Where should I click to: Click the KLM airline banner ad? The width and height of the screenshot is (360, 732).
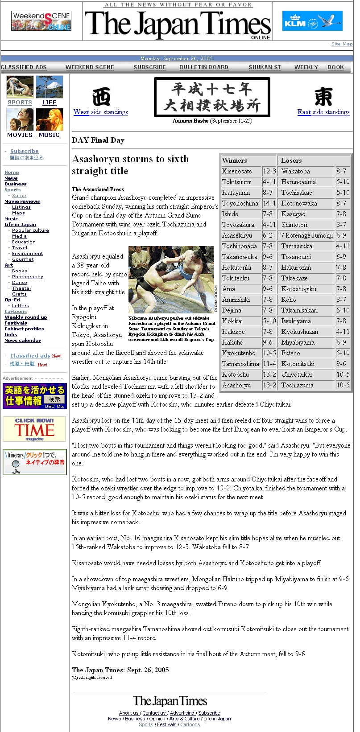[312, 21]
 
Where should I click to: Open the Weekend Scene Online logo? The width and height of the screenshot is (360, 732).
[41, 21]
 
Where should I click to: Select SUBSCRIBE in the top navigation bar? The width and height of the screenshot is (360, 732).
[149, 67]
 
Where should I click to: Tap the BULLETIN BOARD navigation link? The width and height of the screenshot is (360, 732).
[204, 67]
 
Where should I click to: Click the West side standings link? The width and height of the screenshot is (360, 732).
[100, 112]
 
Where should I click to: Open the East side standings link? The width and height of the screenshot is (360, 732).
[323, 112]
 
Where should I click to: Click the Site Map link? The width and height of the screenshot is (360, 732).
[342, 44]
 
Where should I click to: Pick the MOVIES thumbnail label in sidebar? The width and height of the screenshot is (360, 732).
[20, 135]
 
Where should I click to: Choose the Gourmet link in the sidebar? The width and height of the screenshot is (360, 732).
[23, 259]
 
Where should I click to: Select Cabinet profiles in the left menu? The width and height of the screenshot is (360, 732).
[24, 329]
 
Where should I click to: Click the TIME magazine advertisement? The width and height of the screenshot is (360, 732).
[34, 429]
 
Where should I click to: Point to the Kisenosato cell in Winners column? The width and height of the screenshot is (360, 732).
[237, 171]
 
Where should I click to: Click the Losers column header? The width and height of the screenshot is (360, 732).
[292, 160]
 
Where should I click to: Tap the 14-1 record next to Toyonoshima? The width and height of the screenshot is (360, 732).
[269, 203]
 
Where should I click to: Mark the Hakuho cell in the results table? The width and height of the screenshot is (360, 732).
[233, 342]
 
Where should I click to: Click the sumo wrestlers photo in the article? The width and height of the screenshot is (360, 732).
[171, 280]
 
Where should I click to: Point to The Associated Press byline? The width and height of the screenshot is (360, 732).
[98, 189]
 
